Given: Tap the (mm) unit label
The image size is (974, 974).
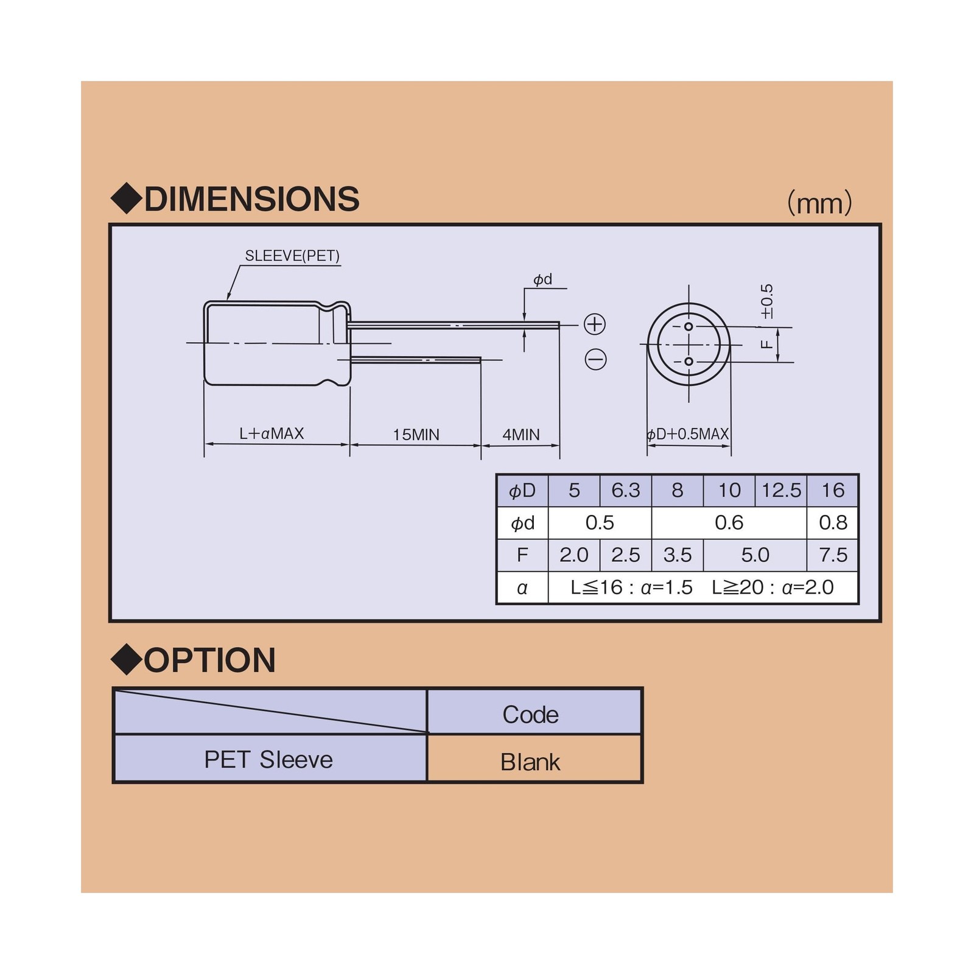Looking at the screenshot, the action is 819,203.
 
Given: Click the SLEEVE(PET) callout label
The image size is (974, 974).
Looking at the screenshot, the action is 292,256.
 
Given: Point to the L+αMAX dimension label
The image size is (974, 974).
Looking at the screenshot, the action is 272,433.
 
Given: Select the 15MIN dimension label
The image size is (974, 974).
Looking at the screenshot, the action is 416,435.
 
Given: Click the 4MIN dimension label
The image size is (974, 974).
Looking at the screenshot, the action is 521,435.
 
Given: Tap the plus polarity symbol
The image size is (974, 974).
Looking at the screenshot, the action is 595,324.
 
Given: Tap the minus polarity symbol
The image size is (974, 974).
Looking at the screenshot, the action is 595,359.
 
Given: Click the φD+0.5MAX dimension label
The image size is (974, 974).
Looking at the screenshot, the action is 687,434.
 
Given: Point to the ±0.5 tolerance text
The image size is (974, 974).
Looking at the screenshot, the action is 767,301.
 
